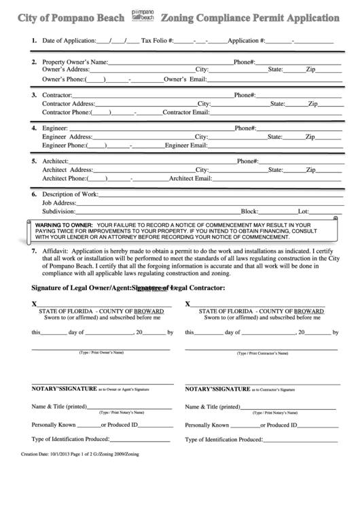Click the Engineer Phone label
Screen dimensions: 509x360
tap(63, 145)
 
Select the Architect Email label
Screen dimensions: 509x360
tap(191, 178)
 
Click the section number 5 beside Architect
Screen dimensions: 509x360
tap(34, 161)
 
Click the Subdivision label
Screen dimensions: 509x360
tap(60, 211)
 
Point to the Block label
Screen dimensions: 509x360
tap(250, 211)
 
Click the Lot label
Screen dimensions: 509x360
tap(304, 211)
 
